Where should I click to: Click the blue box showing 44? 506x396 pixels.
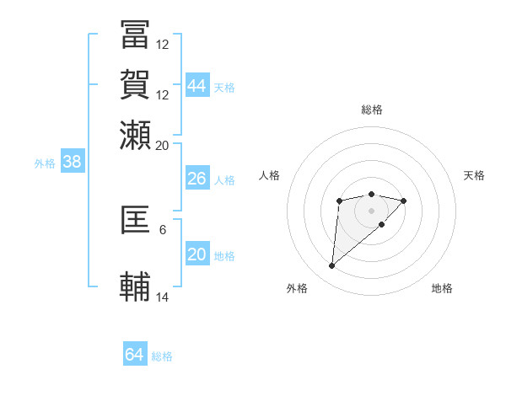click(197, 85)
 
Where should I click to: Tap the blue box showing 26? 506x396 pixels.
click(196, 179)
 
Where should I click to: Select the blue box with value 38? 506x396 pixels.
click(72, 163)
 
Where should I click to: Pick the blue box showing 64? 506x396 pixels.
click(135, 355)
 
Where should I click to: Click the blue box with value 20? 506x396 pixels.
click(196, 254)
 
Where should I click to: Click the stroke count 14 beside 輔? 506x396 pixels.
click(163, 297)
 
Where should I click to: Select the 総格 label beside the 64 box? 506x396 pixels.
click(162, 356)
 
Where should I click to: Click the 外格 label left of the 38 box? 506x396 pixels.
click(45, 163)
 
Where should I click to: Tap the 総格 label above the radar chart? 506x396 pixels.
click(372, 110)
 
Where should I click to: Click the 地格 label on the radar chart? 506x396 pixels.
click(442, 288)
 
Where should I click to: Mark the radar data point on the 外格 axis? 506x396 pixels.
click(332, 265)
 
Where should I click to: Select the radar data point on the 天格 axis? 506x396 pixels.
click(404, 201)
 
